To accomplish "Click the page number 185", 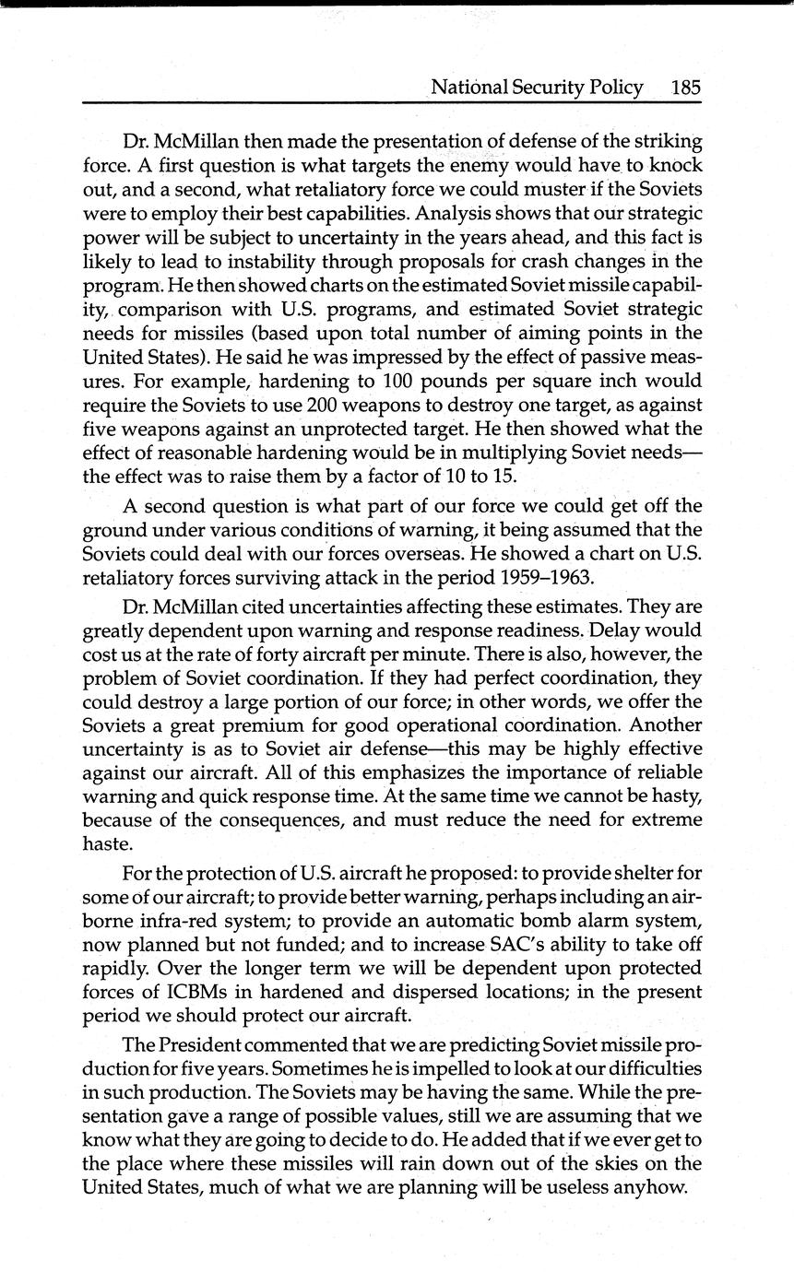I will (x=686, y=88).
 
